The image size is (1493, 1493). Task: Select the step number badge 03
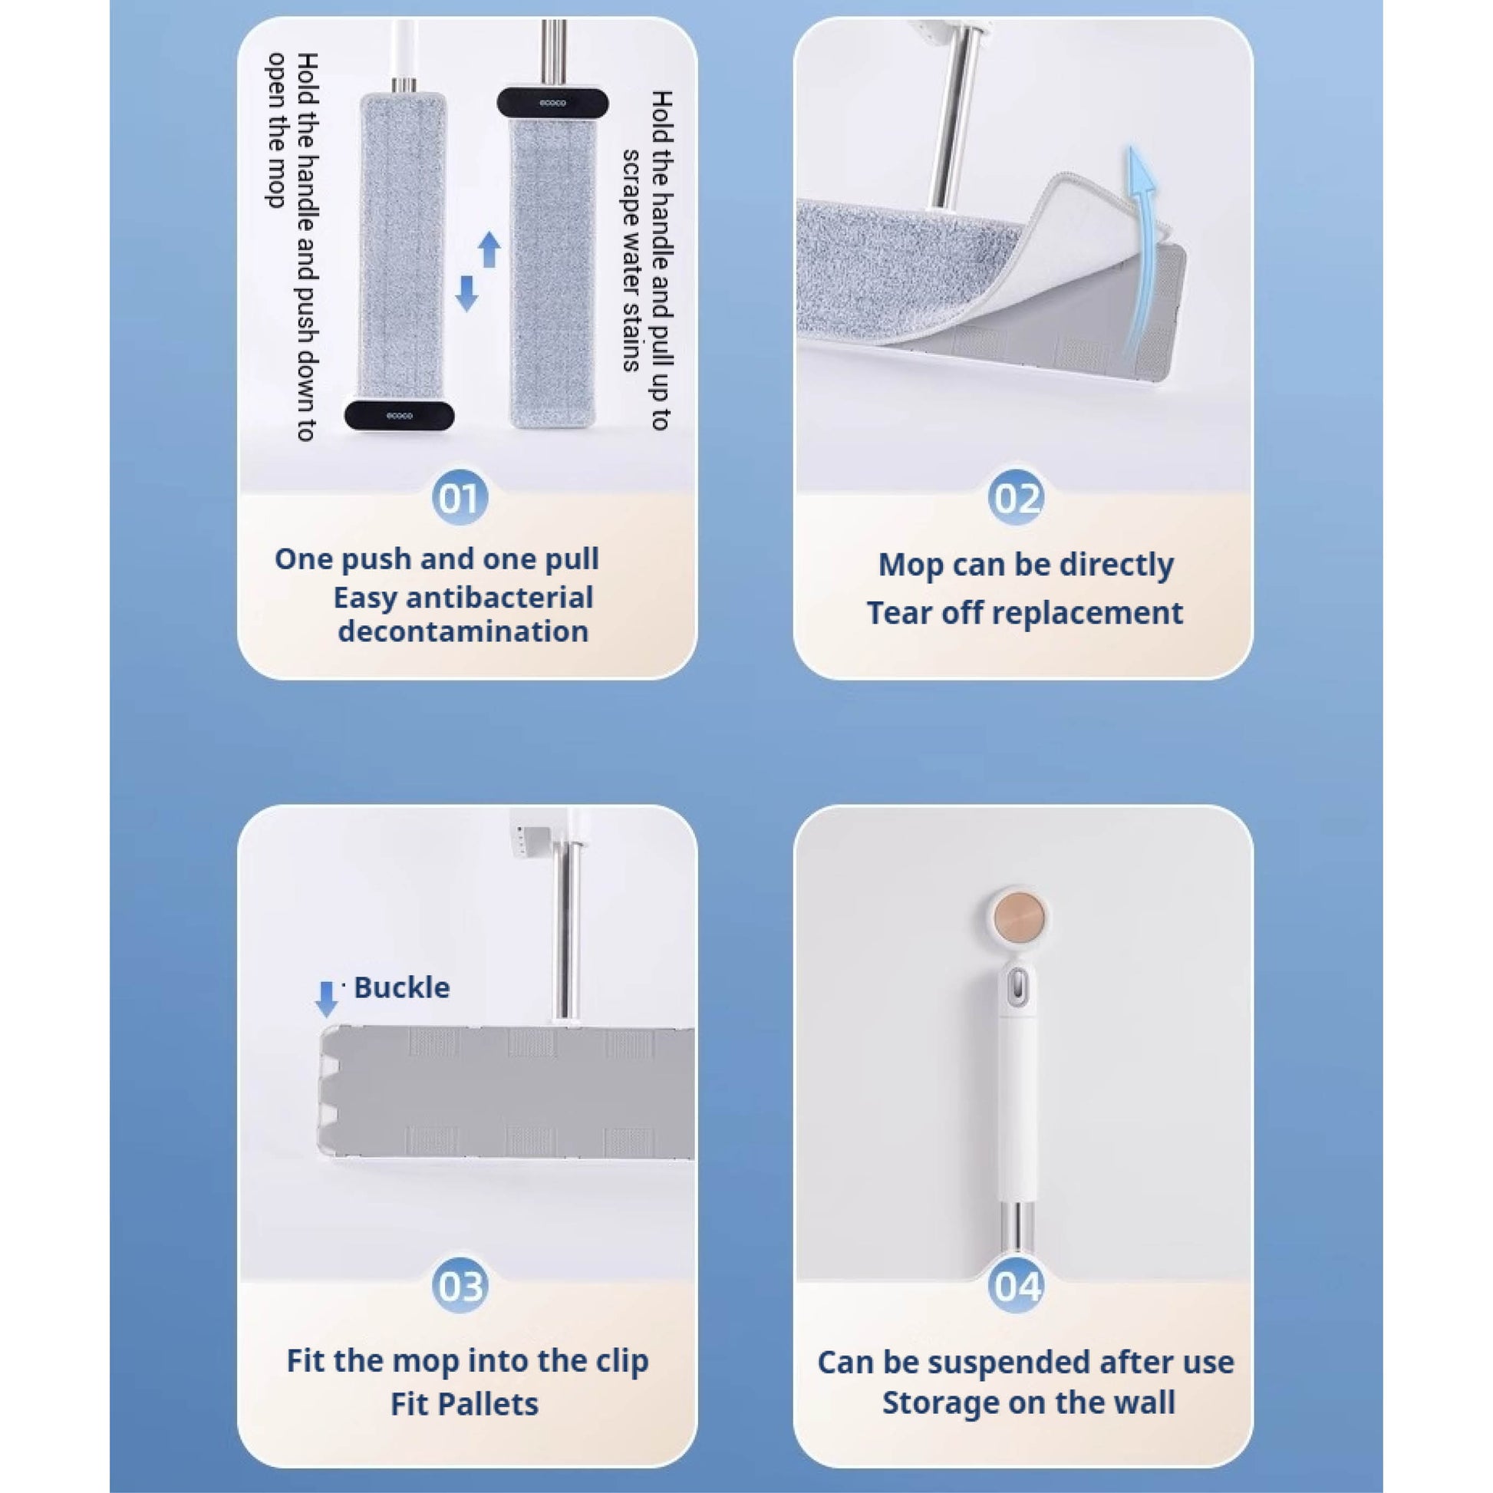click(x=460, y=1287)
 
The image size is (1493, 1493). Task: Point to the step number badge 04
click(x=1017, y=1287)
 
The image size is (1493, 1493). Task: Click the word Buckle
click(x=401, y=987)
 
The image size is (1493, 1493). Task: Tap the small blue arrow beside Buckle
click(x=327, y=998)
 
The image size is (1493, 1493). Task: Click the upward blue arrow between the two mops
click(x=489, y=249)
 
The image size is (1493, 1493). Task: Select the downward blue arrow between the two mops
click(x=466, y=295)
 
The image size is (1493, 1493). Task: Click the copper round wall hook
click(x=1018, y=918)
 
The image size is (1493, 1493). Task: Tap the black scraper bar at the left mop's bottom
click(x=399, y=416)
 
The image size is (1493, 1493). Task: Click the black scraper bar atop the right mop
click(x=552, y=102)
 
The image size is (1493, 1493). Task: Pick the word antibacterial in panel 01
click(x=499, y=598)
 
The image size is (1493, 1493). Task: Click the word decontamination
click(x=463, y=631)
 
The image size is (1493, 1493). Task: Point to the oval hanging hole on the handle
click(x=1019, y=985)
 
